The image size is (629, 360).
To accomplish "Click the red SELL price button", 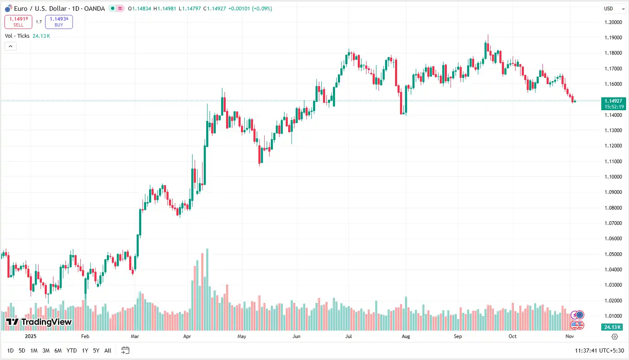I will [x=18, y=22].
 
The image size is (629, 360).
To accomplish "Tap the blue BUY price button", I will [x=59, y=22].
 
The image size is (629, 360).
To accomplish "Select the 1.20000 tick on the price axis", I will [x=613, y=22].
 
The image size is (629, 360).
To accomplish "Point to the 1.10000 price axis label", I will [x=613, y=177].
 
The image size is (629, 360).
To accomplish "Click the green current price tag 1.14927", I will [x=613, y=104].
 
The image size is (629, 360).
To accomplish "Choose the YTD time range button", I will [x=72, y=350].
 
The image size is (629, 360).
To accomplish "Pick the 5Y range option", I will [x=96, y=350].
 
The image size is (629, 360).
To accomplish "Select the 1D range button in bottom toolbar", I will [x=10, y=350].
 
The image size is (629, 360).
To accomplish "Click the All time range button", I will [x=108, y=350].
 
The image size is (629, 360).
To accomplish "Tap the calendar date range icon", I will [x=125, y=350].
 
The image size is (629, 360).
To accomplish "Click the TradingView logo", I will [x=39, y=322].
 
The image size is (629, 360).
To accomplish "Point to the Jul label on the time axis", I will [x=349, y=336].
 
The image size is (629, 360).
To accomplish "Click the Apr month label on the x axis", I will [x=187, y=336].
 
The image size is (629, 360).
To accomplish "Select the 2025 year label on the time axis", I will [x=31, y=336].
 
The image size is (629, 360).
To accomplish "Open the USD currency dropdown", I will [x=614, y=9].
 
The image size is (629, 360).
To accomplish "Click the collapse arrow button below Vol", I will [x=10, y=46].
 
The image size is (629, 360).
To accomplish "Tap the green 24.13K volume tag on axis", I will [x=612, y=327].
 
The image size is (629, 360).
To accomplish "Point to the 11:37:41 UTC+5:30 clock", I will [x=599, y=350].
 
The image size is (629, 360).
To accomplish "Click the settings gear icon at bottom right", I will [x=615, y=336].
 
